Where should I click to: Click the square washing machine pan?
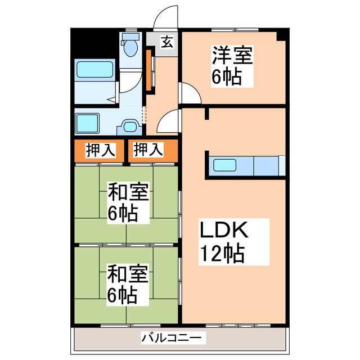tap(87, 122)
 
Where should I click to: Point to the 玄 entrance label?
tap(166, 42)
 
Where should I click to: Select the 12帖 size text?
tap(221, 254)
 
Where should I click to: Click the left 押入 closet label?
tap(101, 150)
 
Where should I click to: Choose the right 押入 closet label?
tap(148, 150)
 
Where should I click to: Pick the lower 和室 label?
tap(128, 275)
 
